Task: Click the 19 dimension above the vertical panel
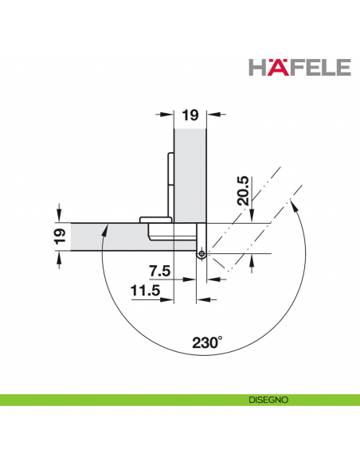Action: click(x=190, y=116)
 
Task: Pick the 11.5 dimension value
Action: click(x=149, y=291)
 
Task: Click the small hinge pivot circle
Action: click(x=202, y=255)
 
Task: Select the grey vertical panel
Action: click(x=190, y=175)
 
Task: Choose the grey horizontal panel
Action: click(x=112, y=236)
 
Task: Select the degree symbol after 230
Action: click(x=221, y=338)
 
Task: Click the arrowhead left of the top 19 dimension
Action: click(x=167, y=116)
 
